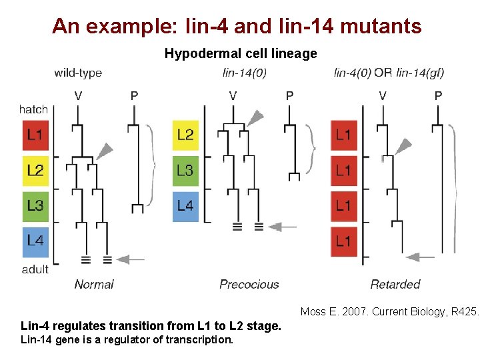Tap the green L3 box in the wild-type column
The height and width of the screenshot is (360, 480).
35,206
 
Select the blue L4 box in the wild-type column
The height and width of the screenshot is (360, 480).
35,241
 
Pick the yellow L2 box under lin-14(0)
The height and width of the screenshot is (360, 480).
185,136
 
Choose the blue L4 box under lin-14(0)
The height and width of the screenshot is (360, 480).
185,206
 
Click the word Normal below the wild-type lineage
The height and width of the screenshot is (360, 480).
94,285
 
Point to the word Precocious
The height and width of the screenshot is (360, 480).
249,285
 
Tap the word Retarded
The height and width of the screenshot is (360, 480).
395,285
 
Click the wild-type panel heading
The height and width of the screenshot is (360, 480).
78,73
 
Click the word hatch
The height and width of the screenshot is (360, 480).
33,109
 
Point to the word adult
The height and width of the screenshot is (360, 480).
35,269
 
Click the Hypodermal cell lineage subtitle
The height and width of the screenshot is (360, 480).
241,53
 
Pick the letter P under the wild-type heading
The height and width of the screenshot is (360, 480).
135,95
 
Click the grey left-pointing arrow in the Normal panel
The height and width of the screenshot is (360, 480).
130,259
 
